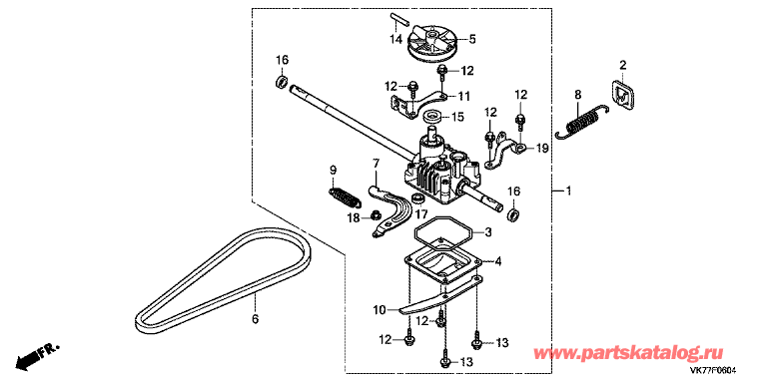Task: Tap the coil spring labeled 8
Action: point(583,121)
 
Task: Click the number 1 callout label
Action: point(568,191)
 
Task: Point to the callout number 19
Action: point(541,148)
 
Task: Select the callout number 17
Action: point(421,214)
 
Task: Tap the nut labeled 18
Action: point(375,214)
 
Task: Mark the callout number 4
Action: point(498,262)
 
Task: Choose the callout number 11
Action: point(463,96)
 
